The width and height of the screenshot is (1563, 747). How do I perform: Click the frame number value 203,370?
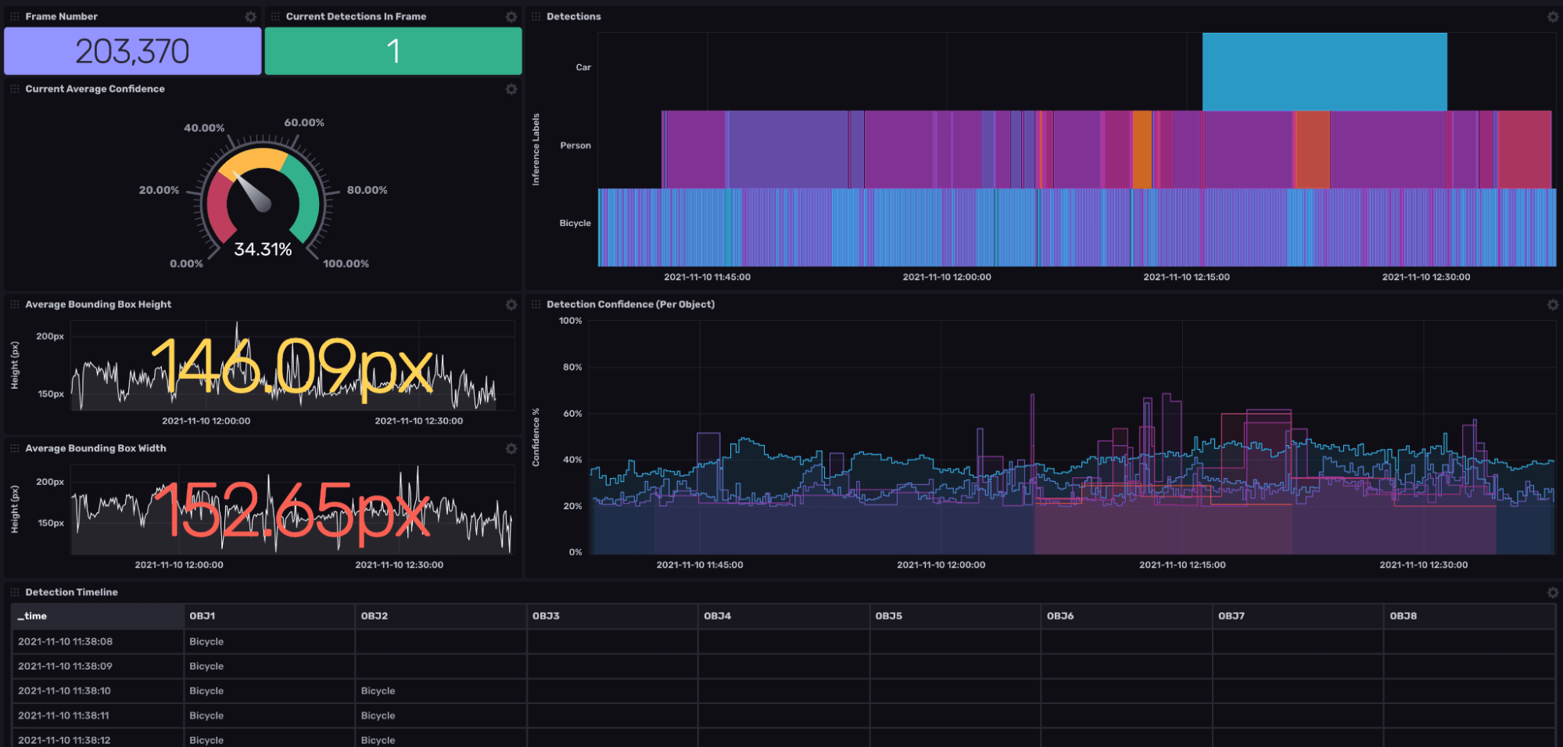click(132, 52)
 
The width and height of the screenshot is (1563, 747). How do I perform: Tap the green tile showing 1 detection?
click(393, 52)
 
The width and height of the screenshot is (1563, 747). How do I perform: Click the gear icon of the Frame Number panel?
click(250, 16)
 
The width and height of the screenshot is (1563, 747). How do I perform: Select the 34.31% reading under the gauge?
click(263, 250)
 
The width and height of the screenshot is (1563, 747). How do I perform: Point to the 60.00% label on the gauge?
click(303, 123)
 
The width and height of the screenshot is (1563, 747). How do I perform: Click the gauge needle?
click(253, 192)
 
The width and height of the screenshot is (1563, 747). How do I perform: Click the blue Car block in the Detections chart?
click(1324, 71)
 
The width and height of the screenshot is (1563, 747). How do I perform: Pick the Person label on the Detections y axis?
click(575, 145)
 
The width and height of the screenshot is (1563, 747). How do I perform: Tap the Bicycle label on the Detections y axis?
click(575, 224)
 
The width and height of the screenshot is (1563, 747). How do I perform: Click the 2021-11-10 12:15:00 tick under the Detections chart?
click(1185, 277)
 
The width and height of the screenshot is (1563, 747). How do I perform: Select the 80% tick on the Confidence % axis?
click(572, 367)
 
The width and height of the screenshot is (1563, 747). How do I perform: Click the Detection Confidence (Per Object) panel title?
click(630, 304)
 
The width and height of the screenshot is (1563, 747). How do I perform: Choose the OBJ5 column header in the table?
click(888, 616)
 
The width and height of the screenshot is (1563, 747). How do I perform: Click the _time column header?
click(32, 616)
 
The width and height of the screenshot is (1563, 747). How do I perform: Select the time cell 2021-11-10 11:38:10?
click(64, 691)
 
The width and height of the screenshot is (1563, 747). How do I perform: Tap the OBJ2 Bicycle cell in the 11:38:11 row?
click(378, 716)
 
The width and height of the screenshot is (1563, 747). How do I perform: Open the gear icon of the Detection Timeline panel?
click(1552, 593)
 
